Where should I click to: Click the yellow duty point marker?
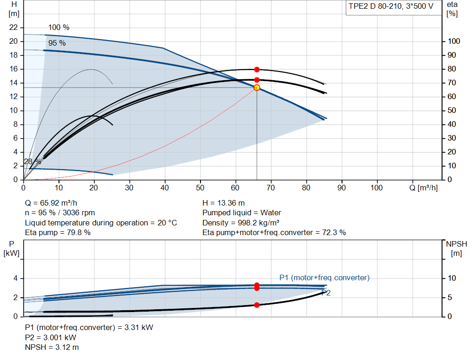coord(257,88)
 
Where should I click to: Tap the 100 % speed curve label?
coord(59,27)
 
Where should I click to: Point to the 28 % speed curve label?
coord(33,162)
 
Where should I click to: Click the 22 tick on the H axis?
coord(13,27)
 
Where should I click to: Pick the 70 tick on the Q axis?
coord(271,188)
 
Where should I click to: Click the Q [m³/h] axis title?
coord(423,188)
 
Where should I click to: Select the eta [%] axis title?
coord(452,9)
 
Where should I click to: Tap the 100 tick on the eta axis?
coord(454,41)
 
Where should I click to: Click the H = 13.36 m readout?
coord(224,203)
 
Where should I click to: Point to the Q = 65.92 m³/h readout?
coord(51,203)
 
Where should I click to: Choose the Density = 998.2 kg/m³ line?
coord(241,223)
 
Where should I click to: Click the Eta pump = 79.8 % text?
coord(58,233)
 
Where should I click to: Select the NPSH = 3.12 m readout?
coord(52,348)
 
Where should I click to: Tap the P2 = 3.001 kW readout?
coord(51,337)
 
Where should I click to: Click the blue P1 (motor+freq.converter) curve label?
coord(324,277)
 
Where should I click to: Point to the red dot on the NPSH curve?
coord(257,305)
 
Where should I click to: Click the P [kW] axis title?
coord(12,248)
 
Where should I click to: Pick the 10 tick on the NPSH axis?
coord(452,278)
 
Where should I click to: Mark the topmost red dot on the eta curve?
coord(257,70)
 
